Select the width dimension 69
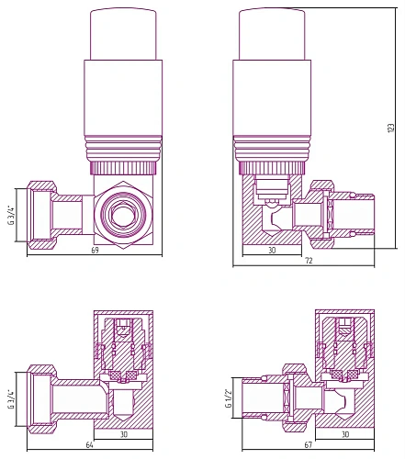pos(96,250)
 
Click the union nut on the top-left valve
pos(39,214)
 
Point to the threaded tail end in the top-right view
pos(362,218)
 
